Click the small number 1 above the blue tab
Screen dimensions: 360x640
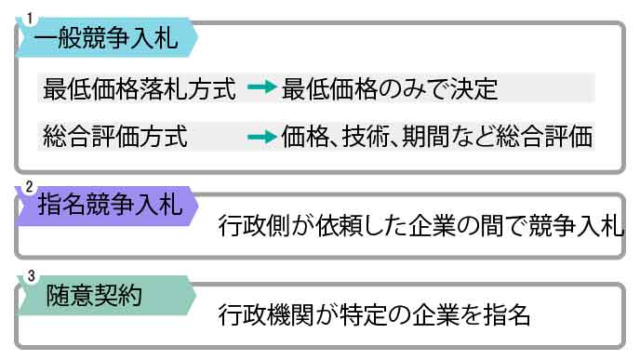(28, 18)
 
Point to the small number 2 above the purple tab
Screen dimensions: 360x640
(28, 186)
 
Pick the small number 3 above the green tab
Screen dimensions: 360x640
(28, 277)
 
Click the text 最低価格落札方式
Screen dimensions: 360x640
(139, 89)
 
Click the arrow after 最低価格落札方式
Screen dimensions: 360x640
(263, 89)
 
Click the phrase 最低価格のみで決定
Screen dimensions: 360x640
(390, 89)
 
